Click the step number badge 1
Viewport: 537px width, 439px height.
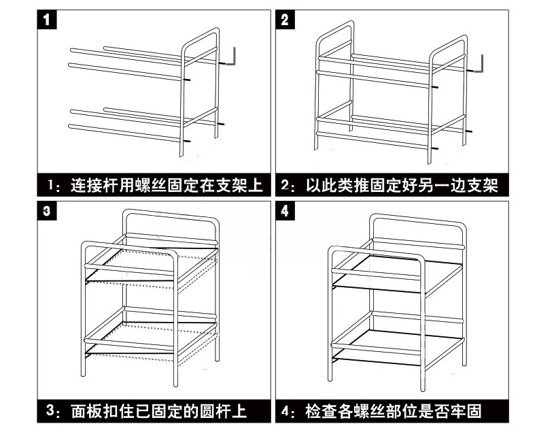(x=46, y=20)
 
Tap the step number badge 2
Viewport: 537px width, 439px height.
(x=285, y=20)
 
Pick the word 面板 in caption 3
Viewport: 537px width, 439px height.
(x=84, y=411)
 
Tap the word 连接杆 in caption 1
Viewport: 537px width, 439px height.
(x=92, y=185)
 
